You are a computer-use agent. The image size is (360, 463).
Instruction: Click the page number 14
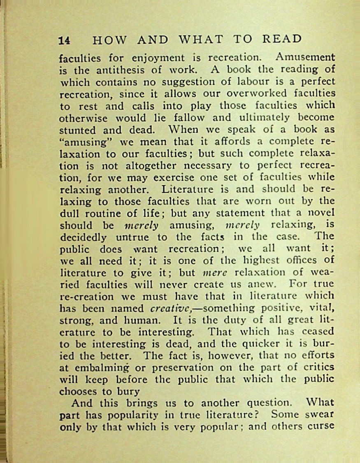[x=65, y=40]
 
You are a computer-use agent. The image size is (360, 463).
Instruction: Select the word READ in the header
[x=282, y=39]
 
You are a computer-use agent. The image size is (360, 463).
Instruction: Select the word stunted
[x=79, y=130]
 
